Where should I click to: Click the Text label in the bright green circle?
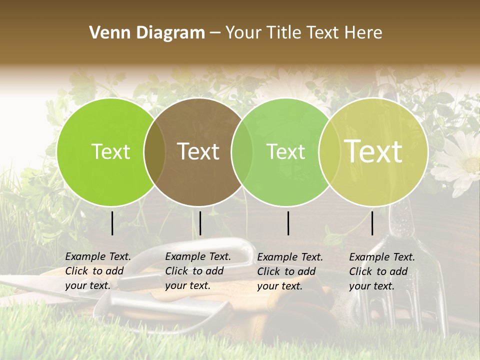coord(110,152)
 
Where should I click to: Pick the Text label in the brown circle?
coord(198,151)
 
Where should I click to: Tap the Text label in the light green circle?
coord(286,152)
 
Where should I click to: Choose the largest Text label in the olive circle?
coord(373,151)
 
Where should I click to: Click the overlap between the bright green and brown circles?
coord(154,152)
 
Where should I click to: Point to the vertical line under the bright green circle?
coord(112,223)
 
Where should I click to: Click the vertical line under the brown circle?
coord(200,223)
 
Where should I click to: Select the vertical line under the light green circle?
coord(288,223)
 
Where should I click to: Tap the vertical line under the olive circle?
coord(372,223)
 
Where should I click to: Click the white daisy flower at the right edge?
coord(462,162)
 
